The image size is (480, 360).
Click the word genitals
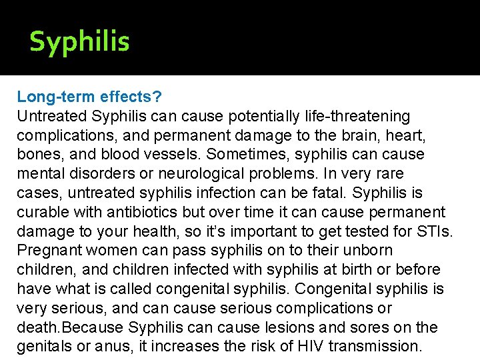[44, 347]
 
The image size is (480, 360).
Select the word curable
[41, 213]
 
